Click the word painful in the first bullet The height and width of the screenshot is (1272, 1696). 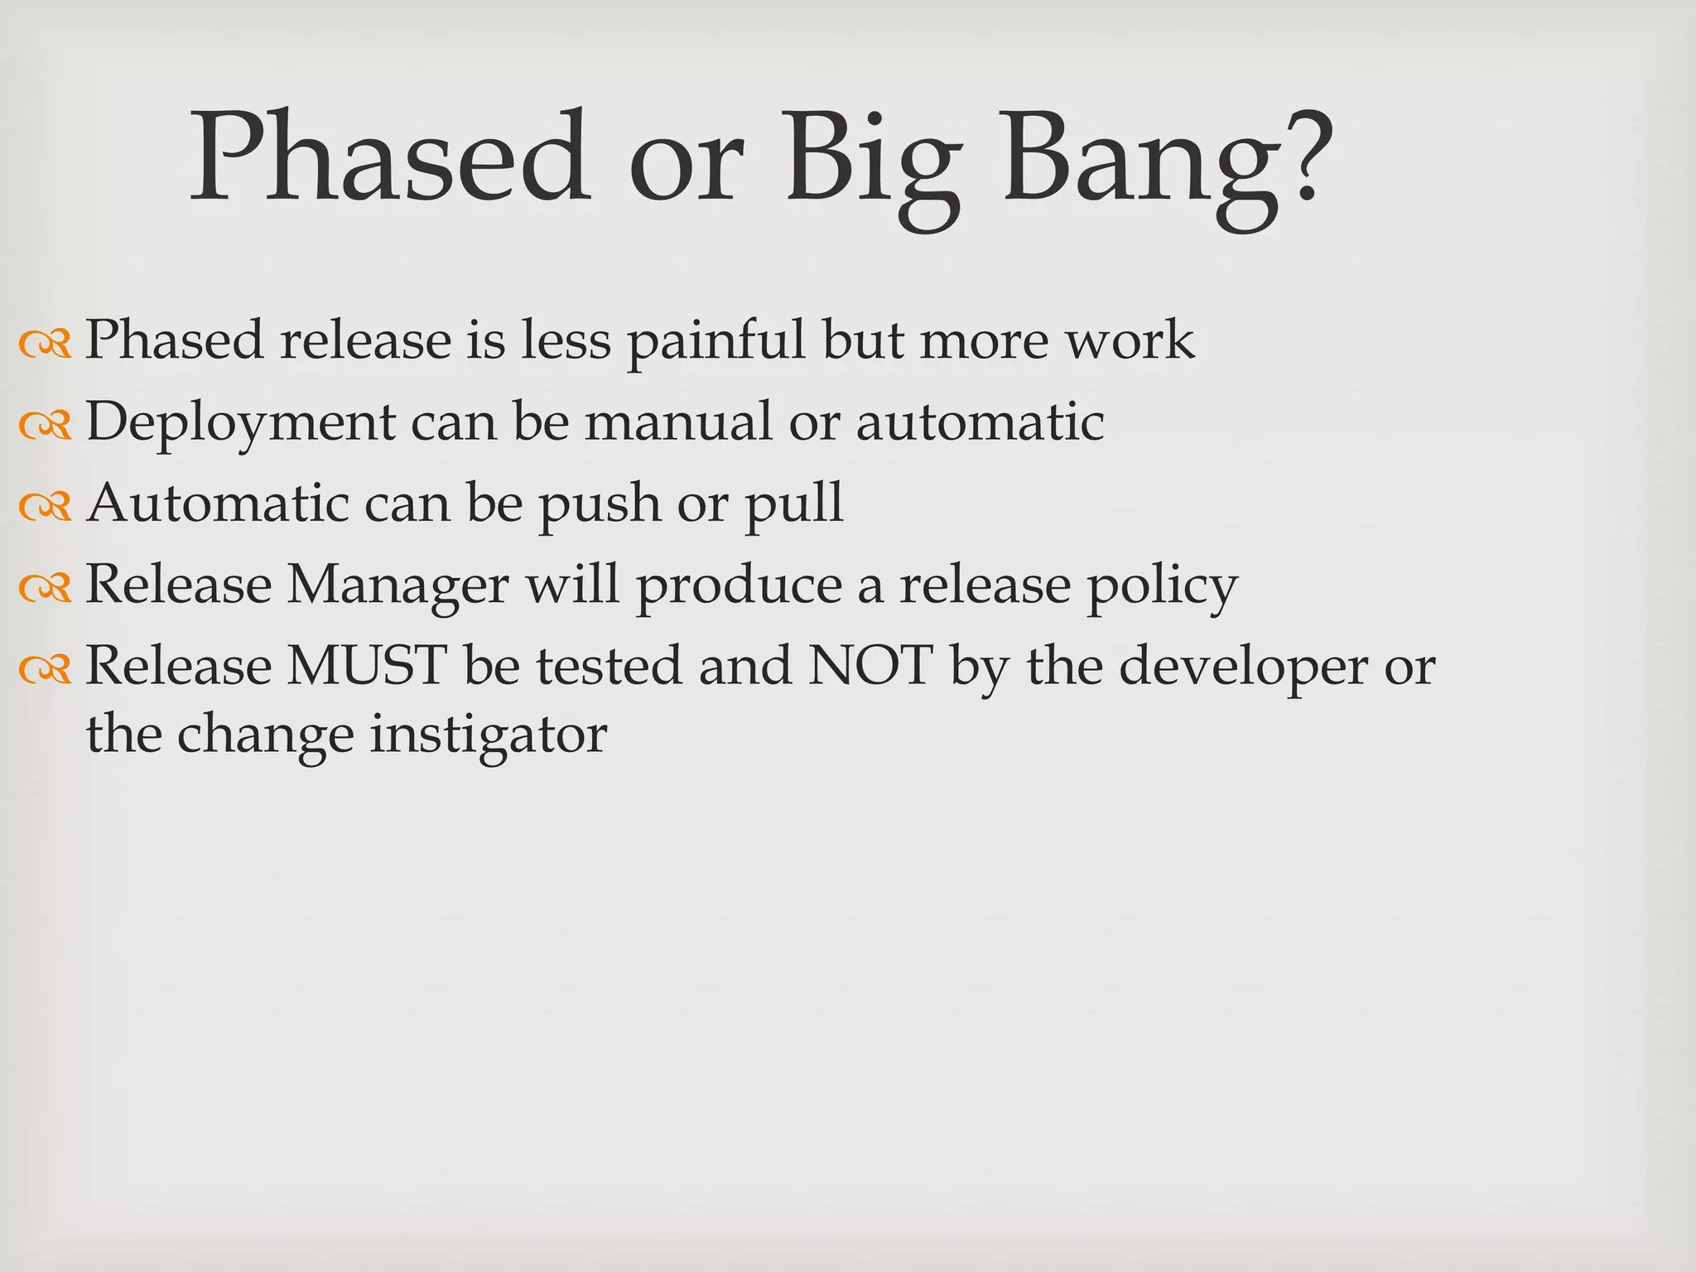(x=715, y=341)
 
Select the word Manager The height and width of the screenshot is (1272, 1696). (x=397, y=586)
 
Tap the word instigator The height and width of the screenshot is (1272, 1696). (x=488, y=735)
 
